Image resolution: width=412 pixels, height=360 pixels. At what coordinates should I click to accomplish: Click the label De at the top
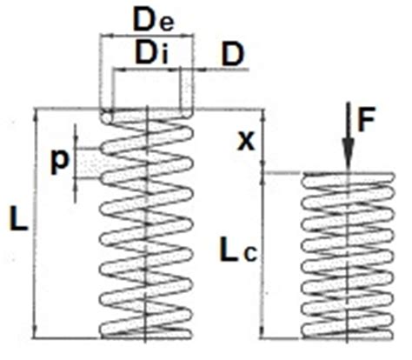[154, 21]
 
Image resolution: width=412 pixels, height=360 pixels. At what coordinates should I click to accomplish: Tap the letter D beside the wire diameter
[233, 54]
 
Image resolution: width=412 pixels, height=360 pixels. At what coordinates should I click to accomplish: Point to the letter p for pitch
[60, 163]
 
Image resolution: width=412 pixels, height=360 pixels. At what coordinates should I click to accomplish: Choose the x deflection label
[246, 142]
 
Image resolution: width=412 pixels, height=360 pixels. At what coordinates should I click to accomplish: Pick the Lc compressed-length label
[238, 250]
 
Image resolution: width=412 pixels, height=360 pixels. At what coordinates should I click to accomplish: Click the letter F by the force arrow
[367, 119]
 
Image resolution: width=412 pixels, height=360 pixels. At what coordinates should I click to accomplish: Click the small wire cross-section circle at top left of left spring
[107, 118]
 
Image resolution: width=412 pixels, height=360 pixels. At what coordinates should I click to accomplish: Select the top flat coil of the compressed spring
[349, 177]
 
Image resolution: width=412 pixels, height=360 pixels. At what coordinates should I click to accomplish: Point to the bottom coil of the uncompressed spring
[146, 333]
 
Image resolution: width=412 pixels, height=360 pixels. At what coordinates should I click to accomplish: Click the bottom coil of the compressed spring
[348, 334]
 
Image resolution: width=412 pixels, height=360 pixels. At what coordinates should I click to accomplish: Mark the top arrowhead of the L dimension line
[36, 116]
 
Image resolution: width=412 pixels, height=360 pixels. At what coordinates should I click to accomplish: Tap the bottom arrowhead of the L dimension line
[36, 331]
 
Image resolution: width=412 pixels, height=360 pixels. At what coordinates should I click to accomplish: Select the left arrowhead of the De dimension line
[106, 36]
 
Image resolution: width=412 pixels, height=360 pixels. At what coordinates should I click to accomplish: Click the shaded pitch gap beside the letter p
[89, 163]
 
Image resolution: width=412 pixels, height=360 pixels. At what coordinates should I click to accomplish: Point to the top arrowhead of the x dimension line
[263, 116]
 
